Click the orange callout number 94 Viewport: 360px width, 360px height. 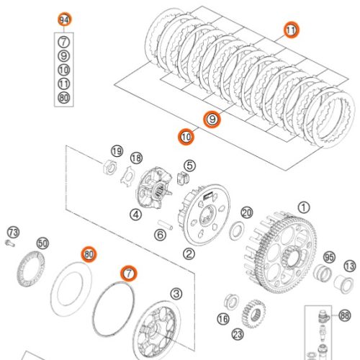(65, 19)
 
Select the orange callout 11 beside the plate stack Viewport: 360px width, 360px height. (291, 30)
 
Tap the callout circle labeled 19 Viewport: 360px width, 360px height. (117, 150)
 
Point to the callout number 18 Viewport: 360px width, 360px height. (136, 158)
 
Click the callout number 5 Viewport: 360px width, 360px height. (189, 166)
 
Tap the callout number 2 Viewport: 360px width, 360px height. (189, 253)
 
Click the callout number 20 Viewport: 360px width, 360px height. (246, 212)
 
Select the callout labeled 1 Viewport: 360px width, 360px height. (303, 207)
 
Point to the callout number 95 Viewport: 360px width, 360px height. (329, 257)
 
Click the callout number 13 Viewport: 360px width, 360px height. (349, 266)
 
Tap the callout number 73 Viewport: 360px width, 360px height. (13, 232)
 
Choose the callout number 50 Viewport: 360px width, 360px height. (42, 243)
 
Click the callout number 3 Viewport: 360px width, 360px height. (176, 293)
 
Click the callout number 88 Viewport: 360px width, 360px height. (345, 315)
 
